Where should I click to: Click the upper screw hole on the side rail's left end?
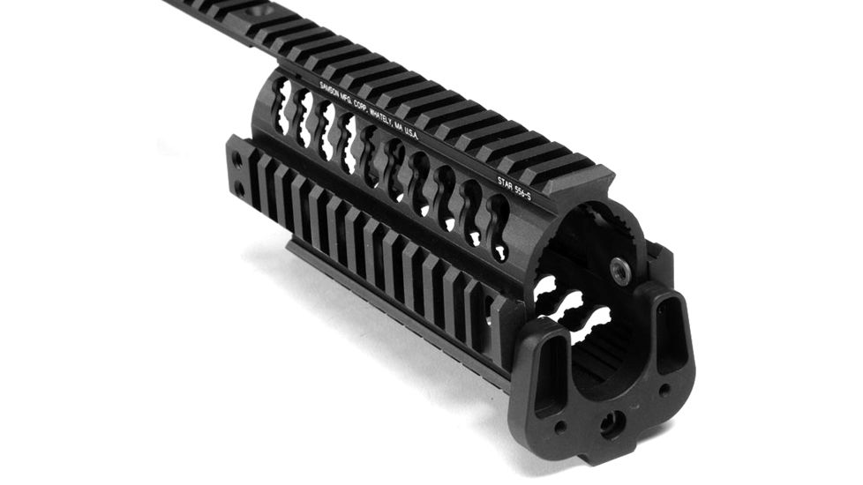coord(236,160)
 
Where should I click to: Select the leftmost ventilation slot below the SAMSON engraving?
coord(281,99)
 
